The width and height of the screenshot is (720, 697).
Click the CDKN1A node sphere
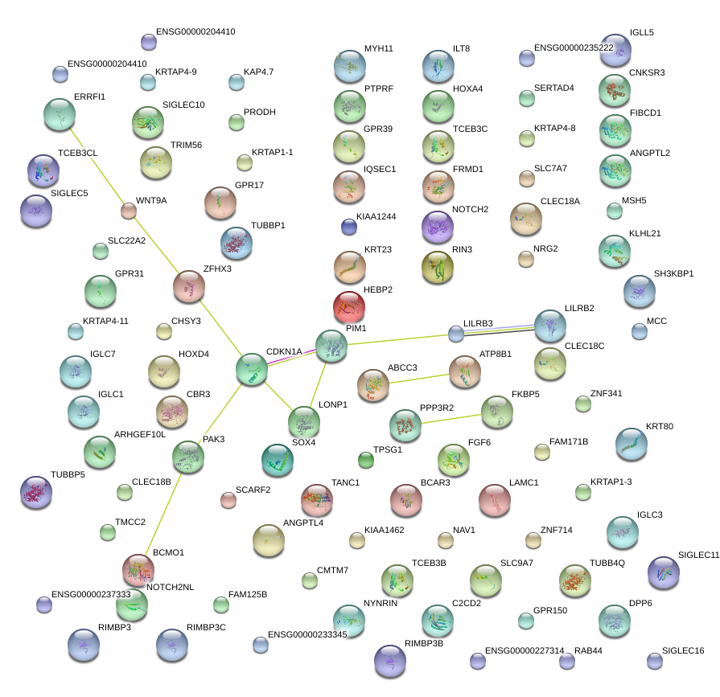point(252,368)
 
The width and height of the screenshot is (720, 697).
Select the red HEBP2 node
point(348,306)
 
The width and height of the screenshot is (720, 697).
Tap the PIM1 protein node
point(331,346)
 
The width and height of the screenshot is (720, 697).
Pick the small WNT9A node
point(129,211)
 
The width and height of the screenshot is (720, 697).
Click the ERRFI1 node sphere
point(59,115)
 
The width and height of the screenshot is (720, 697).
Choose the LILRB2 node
point(550,325)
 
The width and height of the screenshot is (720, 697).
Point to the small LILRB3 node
point(456,333)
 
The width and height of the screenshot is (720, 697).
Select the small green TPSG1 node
point(366,460)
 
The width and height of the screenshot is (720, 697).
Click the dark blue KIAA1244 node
point(348,227)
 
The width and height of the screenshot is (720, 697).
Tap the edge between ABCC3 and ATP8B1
point(419,378)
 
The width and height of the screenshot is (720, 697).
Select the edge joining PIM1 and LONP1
point(317,384)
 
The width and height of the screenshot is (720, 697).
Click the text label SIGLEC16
point(683,650)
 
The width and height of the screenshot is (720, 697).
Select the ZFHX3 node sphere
point(189,286)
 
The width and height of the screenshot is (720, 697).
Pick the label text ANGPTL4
point(303,523)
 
